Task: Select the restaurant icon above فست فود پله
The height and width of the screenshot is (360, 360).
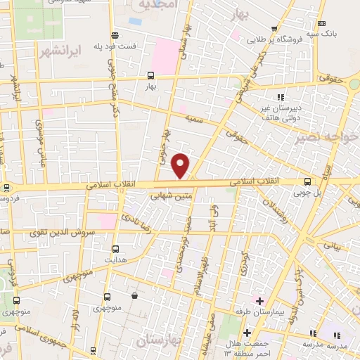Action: (114, 35)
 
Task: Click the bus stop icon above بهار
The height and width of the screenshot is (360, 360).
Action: (150, 75)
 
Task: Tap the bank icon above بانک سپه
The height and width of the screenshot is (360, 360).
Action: (322, 24)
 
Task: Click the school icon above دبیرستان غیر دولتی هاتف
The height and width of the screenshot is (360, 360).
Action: (281, 96)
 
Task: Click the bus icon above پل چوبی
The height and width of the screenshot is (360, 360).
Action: (307, 181)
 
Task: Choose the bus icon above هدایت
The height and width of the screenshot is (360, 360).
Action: (116, 248)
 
